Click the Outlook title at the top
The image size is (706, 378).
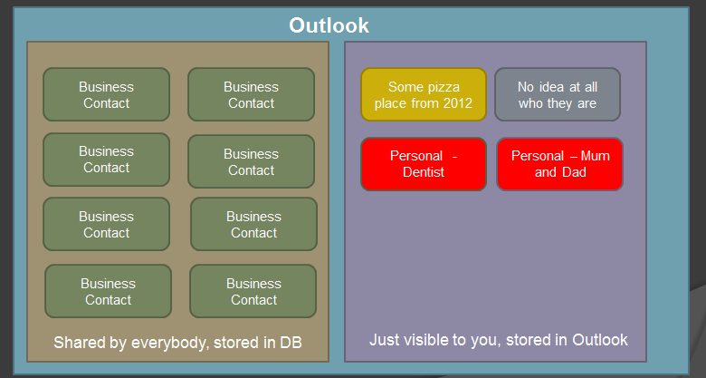(x=329, y=25)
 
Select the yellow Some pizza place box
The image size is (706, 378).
(x=423, y=94)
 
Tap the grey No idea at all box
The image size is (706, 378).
(x=557, y=94)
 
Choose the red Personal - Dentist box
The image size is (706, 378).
(x=423, y=164)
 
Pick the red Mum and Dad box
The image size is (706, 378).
(x=559, y=164)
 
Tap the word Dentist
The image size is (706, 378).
(x=424, y=172)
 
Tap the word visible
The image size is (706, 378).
(x=433, y=341)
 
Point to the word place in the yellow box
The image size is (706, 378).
(x=394, y=103)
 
